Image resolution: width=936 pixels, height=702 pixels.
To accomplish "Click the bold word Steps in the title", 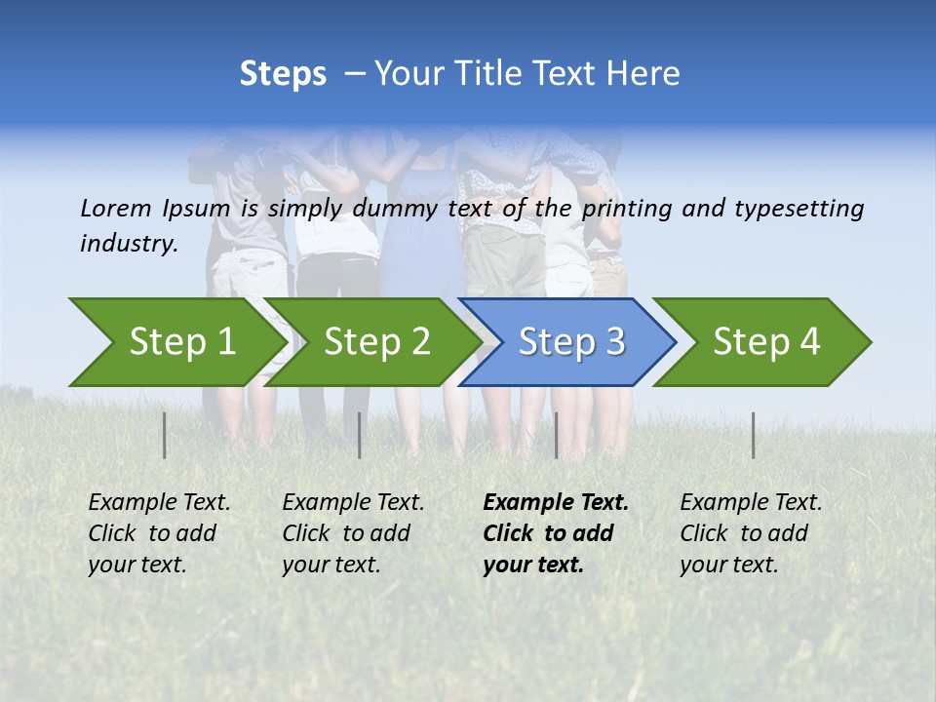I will tap(283, 73).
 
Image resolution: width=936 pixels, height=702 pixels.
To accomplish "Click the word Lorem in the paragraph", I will tap(116, 208).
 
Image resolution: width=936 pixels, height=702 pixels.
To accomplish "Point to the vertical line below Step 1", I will tap(165, 435).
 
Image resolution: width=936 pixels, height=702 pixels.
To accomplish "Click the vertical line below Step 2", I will tap(360, 435).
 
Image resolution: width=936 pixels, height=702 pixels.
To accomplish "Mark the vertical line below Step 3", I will tap(557, 435).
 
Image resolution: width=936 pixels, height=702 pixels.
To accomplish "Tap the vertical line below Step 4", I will tap(754, 435).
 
